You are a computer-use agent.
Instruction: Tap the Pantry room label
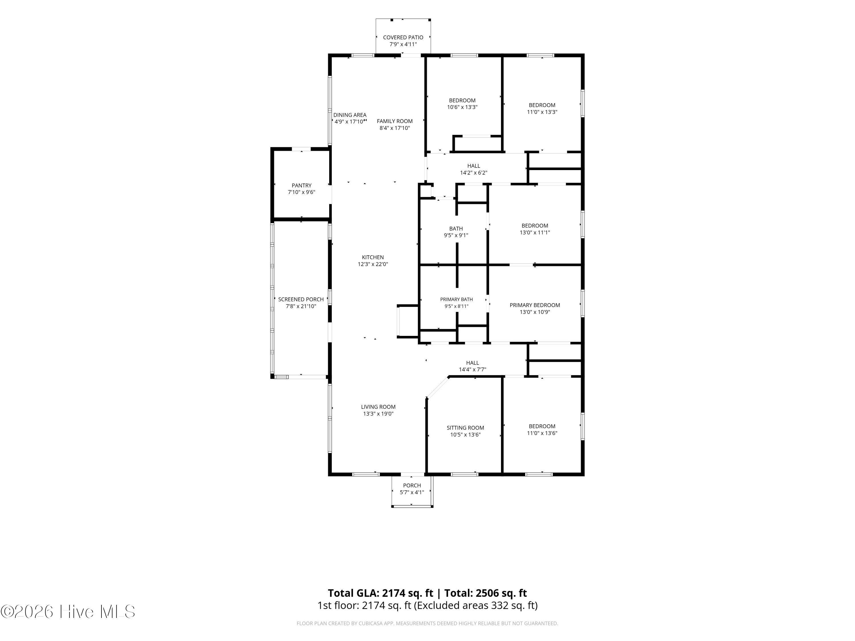[302, 185]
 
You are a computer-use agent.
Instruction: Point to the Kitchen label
[372, 257]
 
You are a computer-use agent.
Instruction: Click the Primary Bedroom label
[535, 305]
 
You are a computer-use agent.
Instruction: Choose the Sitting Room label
[465, 428]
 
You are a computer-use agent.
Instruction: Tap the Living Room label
[378, 407]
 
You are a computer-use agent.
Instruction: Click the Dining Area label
[350, 115]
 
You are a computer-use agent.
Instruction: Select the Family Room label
[395, 121]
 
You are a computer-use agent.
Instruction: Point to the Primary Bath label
[457, 299]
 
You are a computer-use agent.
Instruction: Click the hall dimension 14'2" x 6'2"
[473, 173]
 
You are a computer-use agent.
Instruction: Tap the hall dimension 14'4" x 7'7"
[472, 370]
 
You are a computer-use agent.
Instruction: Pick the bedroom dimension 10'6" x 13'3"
[462, 107]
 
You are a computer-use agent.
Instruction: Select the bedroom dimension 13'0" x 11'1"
[535, 232]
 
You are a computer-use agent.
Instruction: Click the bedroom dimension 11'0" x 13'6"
[542, 433]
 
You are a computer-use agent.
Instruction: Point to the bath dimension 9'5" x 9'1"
[456, 235]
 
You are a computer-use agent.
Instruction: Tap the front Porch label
[412, 486]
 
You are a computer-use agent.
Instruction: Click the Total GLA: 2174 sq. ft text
[380, 593]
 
